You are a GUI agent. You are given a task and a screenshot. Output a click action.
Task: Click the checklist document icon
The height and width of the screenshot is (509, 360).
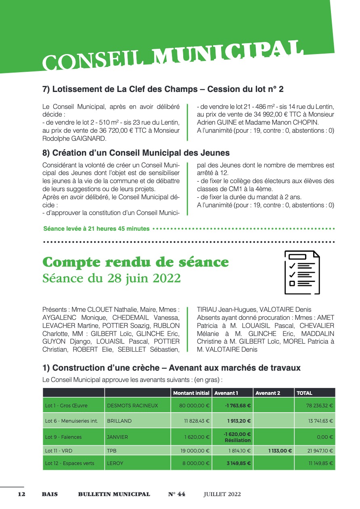[x=302, y=272]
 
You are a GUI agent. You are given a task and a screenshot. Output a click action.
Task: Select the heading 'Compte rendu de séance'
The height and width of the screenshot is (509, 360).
[x=136, y=262]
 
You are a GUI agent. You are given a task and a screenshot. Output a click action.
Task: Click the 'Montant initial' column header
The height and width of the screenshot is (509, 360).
[x=191, y=393]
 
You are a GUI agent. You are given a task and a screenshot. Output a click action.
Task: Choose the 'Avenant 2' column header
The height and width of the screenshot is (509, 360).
[x=268, y=393]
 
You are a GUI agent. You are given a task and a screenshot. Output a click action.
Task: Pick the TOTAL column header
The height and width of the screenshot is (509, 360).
[x=304, y=393]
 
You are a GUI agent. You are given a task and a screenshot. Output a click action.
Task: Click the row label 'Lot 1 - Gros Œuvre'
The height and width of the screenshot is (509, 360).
[x=66, y=405]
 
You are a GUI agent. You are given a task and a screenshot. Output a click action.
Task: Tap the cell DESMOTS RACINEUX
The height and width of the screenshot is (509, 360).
[x=132, y=405]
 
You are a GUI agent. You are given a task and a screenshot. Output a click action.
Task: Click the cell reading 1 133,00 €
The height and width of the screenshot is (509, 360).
[x=280, y=451]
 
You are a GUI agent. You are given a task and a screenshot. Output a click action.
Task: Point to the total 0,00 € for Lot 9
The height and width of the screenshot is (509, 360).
[x=325, y=437]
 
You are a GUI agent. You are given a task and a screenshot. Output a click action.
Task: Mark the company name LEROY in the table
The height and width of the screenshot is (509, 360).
[x=115, y=463]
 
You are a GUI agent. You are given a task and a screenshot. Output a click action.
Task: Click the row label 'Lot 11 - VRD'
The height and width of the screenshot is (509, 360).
[x=59, y=451]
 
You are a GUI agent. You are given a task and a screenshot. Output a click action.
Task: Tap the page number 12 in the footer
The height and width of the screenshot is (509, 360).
[x=21, y=494]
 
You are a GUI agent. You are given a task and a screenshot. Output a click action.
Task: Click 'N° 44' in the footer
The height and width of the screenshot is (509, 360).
[x=177, y=494]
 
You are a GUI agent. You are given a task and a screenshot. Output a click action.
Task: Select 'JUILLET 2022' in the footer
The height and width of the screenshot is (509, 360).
[x=222, y=494]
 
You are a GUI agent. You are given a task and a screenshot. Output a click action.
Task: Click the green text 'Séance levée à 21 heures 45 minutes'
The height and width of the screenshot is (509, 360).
[x=96, y=229]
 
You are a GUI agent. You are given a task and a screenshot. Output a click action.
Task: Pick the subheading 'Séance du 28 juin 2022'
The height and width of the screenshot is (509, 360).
[x=111, y=279]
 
